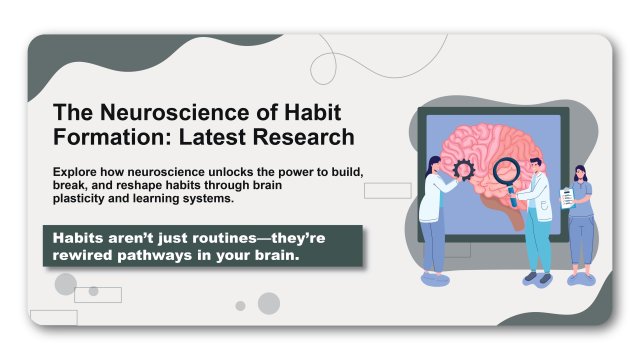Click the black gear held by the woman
tap(464, 168)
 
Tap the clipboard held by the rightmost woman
tap(567, 198)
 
